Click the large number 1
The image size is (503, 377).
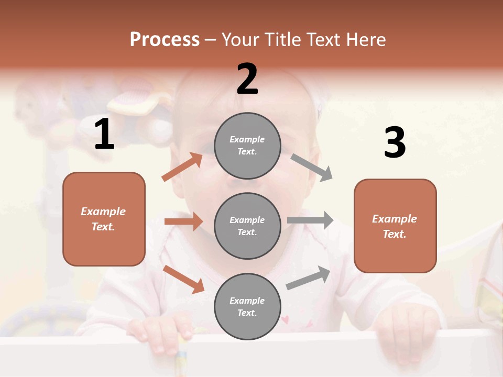tap(104, 135)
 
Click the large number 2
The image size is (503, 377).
tap(247, 79)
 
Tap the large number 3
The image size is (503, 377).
tap(395, 143)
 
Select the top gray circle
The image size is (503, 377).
tap(247, 146)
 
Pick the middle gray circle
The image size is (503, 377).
tap(247, 226)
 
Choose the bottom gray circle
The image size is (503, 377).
tap(247, 306)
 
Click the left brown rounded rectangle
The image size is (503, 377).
tap(104, 219)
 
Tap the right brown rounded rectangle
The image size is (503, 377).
tap(395, 226)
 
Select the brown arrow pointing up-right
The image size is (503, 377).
tap(182, 167)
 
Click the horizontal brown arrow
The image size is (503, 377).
tap(183, 221)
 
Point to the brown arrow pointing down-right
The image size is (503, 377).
tap(184, 279)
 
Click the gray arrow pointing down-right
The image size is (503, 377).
tap(312, 168)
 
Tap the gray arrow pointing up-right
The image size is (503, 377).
tap(308, 278)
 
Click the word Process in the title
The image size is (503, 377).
tap(165, 39)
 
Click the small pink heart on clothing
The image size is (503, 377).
tap(285, 318)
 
